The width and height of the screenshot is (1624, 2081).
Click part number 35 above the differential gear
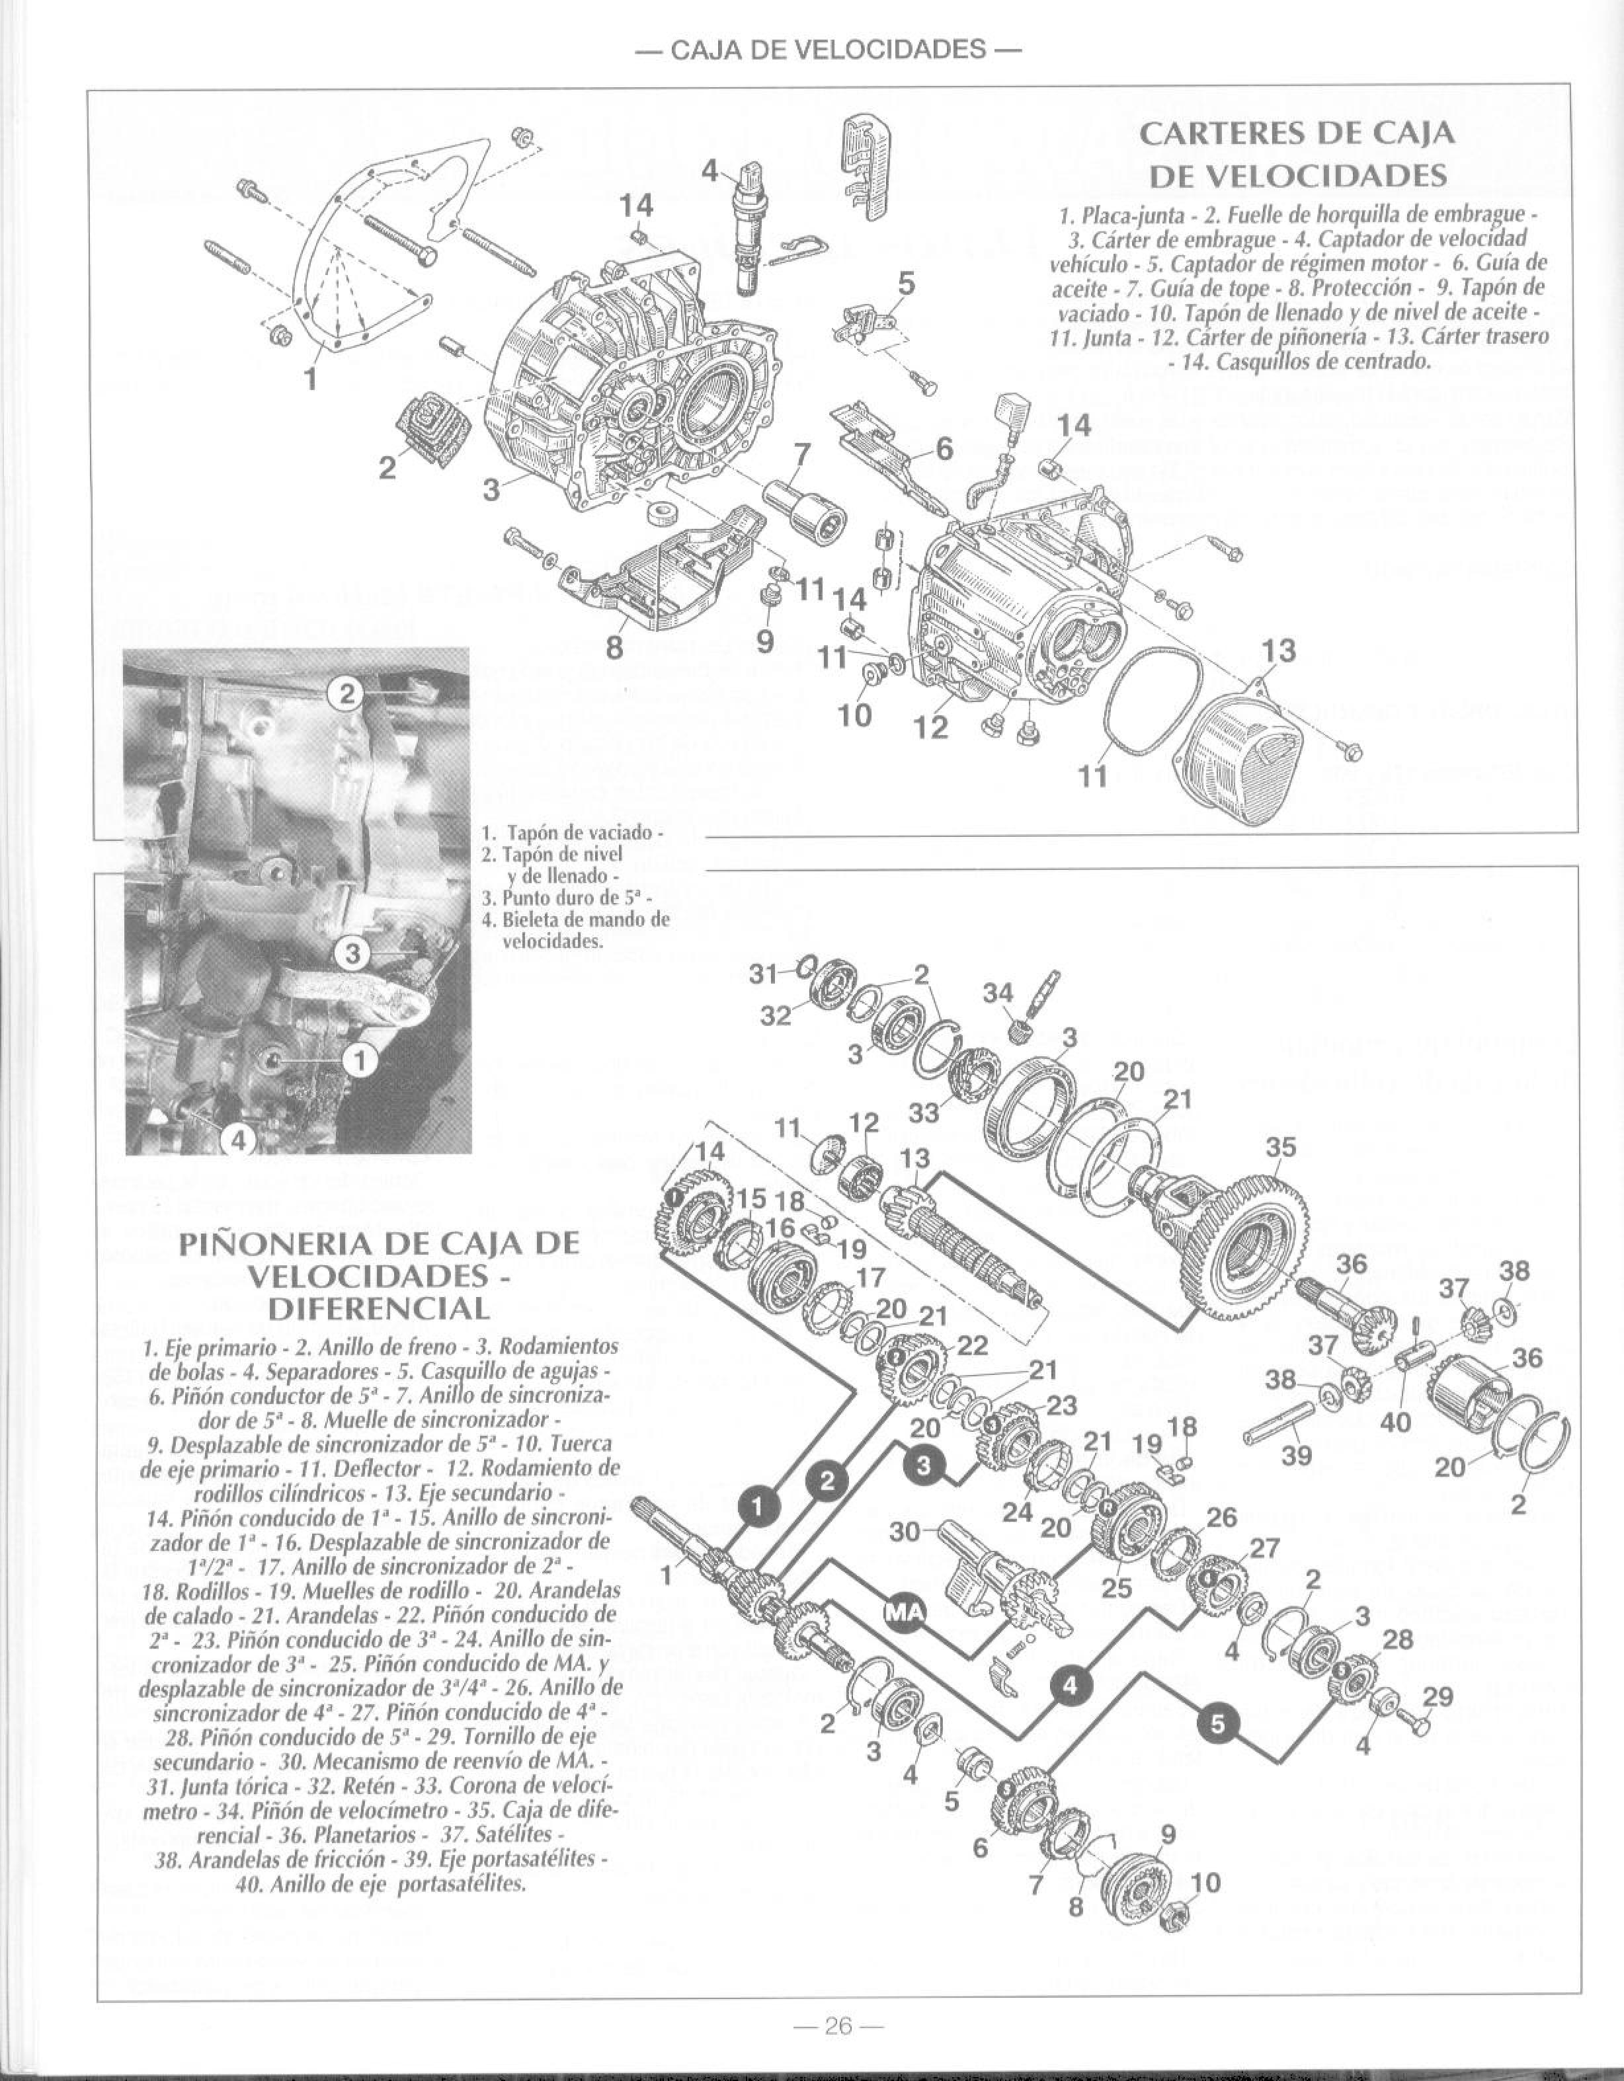click(1281, 1148)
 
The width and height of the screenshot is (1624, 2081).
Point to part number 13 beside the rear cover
click(1279, 652)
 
